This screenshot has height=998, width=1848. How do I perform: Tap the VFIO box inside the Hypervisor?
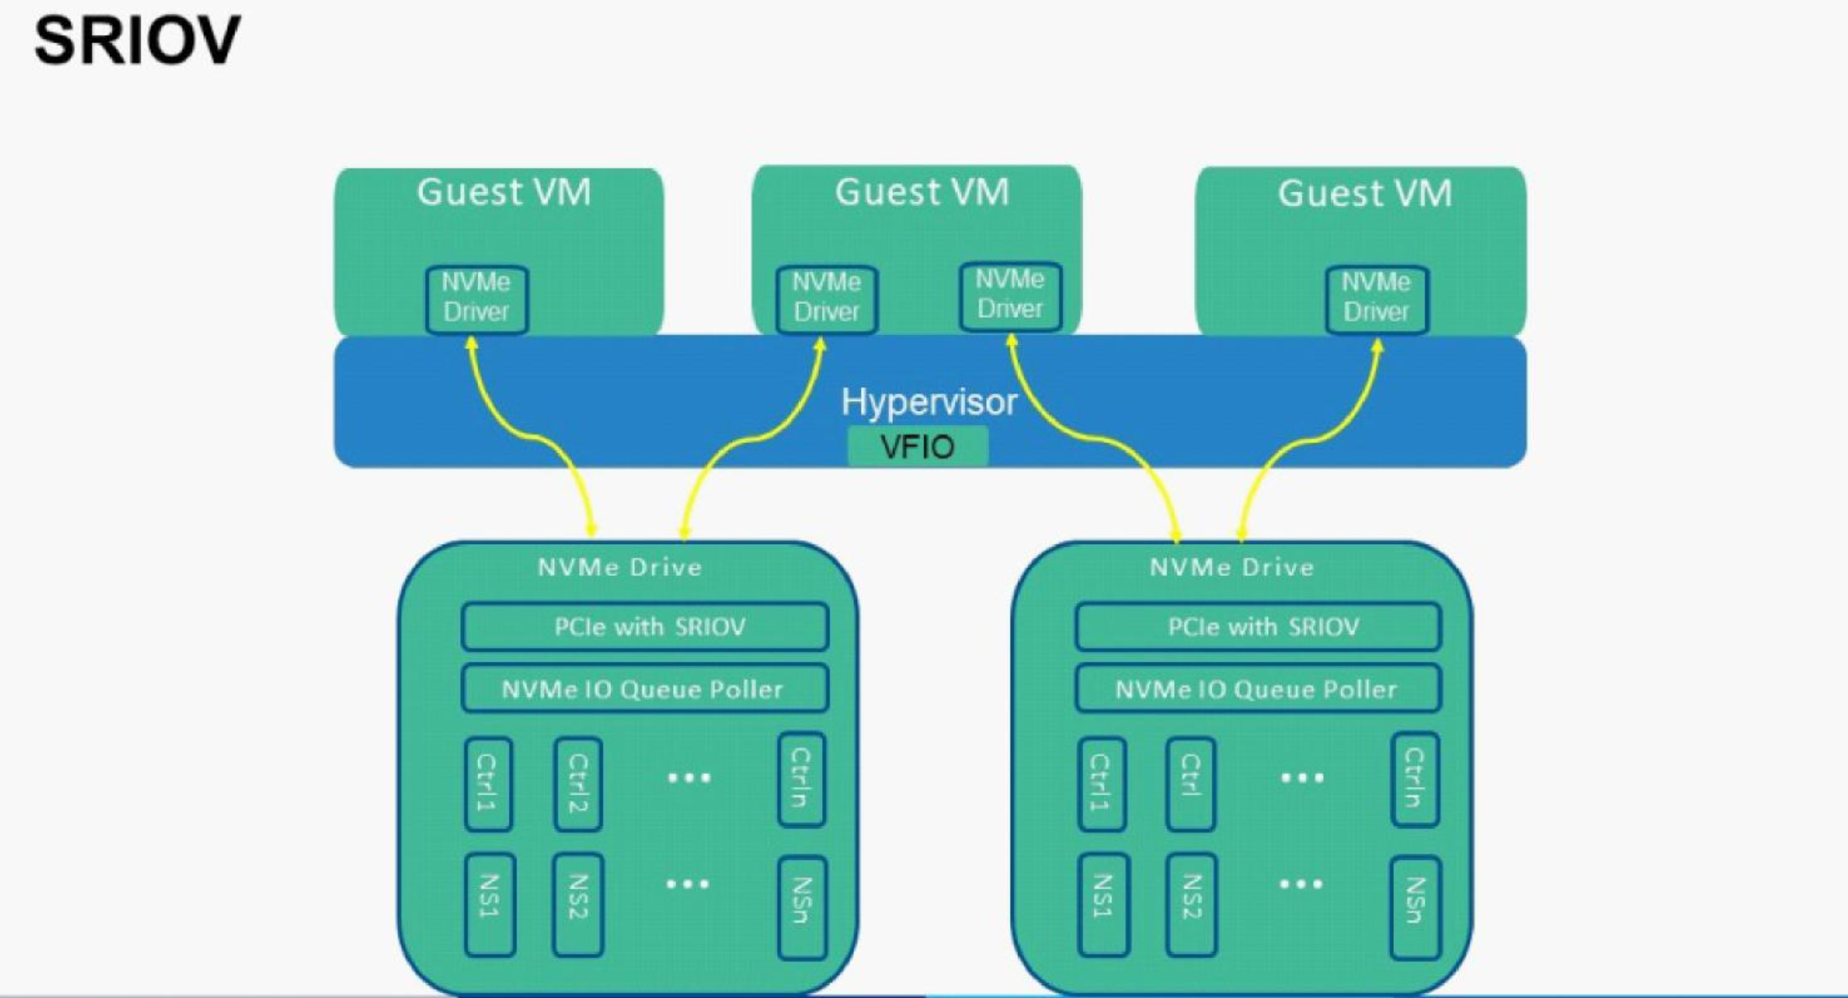[917, 446]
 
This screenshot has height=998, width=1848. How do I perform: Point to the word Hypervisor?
[929, 402]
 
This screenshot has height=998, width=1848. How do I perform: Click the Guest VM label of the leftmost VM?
[504, 193]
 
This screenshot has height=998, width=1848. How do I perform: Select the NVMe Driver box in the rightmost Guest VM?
[1376, 298]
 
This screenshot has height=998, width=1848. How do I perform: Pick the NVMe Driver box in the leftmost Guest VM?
[476, 298]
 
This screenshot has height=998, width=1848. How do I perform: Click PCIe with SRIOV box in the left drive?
[645, 627]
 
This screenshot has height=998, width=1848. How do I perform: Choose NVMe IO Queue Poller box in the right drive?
[1258, 689]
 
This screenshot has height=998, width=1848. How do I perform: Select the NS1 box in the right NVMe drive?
[1103, 904]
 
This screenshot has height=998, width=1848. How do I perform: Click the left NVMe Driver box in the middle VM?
[826, 298]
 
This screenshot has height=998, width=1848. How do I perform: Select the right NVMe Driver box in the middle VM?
[1010, 296]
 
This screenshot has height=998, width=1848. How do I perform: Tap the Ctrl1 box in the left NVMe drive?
[488, 784]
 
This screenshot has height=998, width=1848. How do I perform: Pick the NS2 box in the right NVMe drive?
[1191, 904]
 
